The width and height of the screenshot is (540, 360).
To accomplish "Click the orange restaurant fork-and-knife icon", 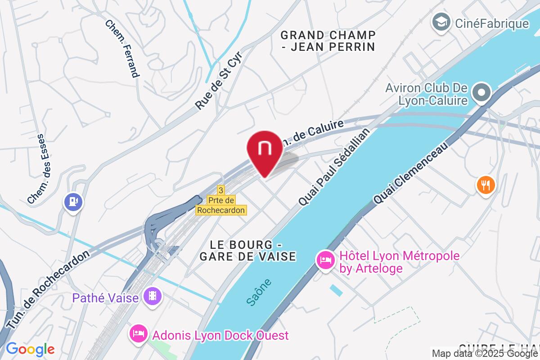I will pos(485,185).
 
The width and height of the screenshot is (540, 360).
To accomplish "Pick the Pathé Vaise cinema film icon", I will pos(153,296).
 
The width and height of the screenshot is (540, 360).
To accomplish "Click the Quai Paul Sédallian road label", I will pos(334,167).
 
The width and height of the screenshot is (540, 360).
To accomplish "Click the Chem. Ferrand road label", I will pos(123,48).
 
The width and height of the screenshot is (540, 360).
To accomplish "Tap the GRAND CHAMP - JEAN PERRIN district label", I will pos(328,41).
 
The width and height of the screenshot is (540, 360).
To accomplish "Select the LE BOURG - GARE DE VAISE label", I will pos(248,251).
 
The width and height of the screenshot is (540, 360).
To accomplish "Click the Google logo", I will pos(30,349).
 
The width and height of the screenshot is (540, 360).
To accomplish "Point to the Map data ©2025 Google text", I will pos(485,354).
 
